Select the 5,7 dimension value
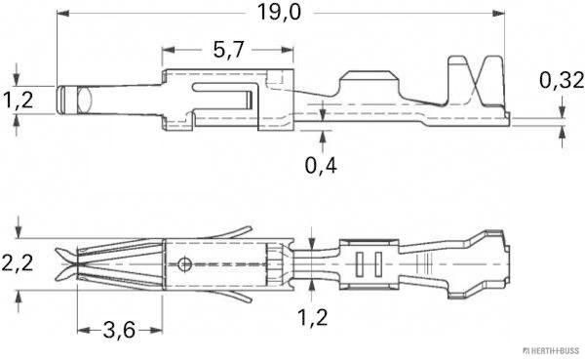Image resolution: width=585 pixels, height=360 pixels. [x=227, y=49]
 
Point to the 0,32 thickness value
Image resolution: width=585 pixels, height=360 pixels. [x=561, y=82]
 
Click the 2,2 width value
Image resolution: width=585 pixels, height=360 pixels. [x=18, y=262]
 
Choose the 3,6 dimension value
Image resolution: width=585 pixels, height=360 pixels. [x=116, y=330]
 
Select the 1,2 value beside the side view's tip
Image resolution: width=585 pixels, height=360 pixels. [x=17, y=99]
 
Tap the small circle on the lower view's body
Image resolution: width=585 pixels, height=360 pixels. [x=185, y=262]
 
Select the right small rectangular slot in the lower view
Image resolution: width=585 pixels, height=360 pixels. [x=373, y=263]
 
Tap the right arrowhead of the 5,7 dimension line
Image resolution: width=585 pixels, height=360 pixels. [x=290, y=49]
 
